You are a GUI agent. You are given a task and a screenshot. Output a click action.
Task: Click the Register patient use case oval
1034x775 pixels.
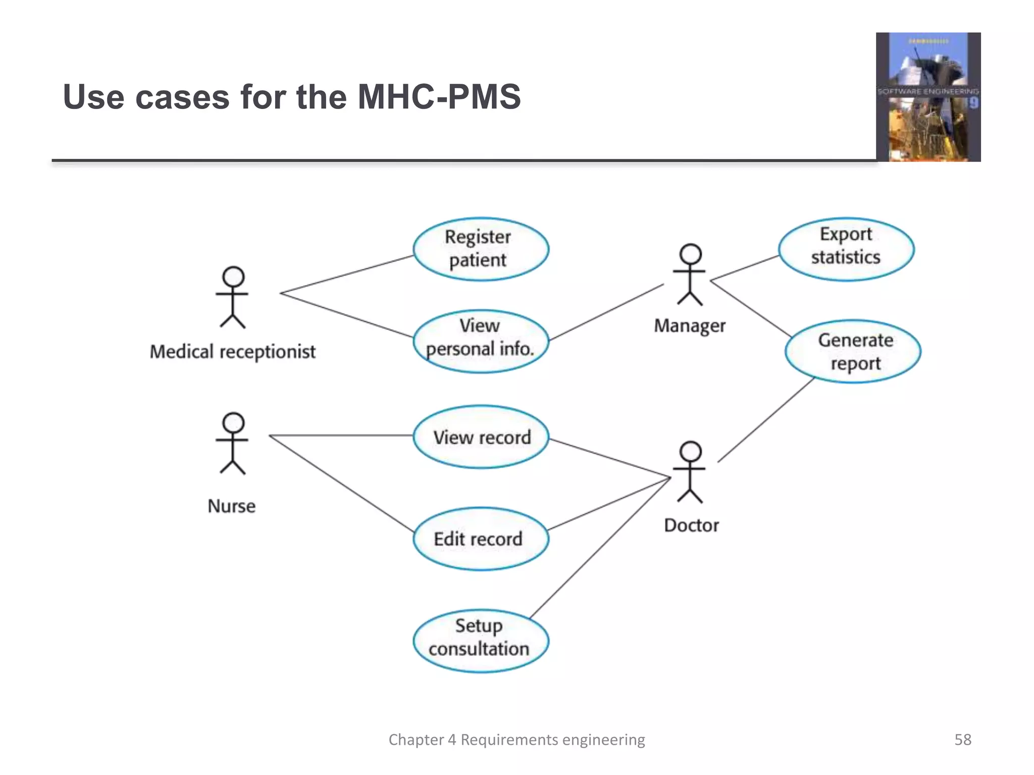[481, 249]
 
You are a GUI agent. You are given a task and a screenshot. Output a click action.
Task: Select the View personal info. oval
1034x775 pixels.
[481, 341]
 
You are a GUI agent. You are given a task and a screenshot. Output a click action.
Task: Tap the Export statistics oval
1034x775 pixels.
[846, 249]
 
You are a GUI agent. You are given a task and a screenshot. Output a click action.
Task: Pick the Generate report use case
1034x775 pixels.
[853, 352]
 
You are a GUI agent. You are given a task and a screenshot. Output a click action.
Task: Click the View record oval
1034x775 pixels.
[481, 437]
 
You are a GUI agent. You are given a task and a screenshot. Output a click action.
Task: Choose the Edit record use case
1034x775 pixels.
[481, 539]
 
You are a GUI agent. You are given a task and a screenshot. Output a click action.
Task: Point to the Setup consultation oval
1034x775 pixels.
[481, 641]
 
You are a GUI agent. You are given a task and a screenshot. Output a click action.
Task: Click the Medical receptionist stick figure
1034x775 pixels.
[232, 298]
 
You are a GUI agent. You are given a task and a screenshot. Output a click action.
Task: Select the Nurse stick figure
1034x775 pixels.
[232, 444]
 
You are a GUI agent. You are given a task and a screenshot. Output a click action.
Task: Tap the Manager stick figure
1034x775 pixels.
[690, 275]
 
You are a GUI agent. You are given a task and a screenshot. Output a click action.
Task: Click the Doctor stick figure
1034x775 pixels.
[690, 472]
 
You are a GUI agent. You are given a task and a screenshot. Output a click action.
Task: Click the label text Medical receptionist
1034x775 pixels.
[232, 352]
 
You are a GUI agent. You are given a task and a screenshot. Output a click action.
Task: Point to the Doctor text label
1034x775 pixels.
[691, 525]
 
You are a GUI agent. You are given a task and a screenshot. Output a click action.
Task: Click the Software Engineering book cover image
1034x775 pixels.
[928, 97]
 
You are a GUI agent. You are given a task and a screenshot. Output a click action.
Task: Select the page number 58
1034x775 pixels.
[962, 740]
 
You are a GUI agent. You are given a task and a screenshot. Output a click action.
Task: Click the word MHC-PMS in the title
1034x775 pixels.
[439, 97]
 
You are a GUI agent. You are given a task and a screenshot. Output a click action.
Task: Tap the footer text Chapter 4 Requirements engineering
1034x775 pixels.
[516, 740]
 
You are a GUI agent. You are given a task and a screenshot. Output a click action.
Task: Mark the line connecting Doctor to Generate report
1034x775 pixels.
[766, 420]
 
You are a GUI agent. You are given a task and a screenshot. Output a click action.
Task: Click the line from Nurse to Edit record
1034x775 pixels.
[342, 484]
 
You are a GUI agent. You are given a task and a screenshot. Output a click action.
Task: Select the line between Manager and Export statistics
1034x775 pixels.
[745, 268]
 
